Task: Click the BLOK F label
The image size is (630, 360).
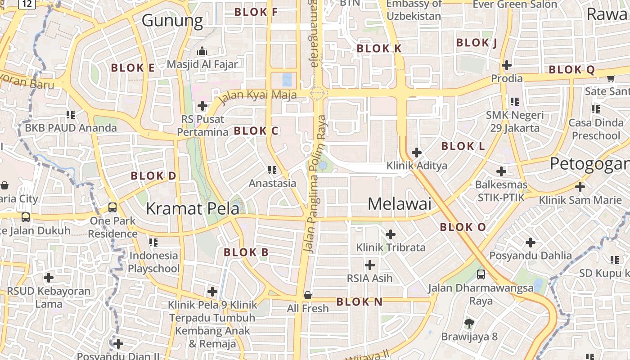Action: (256, 12)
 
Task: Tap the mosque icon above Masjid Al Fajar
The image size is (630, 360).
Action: (202, 50)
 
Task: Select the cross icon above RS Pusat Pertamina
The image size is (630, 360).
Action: (202, 106)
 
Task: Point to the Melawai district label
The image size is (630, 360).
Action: (399, 204)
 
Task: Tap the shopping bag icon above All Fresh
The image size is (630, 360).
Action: (308, 295)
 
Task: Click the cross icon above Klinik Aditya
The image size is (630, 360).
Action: (417, 153)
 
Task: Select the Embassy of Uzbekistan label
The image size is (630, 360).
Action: (414, 10)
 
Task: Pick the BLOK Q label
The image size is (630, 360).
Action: (571, 70)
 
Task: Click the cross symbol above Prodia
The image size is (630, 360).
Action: (507, 65)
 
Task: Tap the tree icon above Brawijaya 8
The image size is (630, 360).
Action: (469, 323)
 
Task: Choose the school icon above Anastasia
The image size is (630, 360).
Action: (272, 170)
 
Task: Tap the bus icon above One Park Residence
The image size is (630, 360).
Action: (112, 207)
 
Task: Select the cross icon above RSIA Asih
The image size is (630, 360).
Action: (369, 265)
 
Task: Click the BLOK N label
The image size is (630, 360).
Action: (359, 302)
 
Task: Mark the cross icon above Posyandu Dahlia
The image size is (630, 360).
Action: (531, 243)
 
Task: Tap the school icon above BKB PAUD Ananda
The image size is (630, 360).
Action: (71, 114)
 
